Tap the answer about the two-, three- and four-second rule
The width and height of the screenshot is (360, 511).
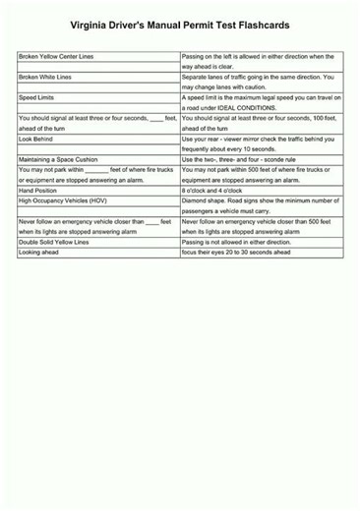pyautogui.click(x=240, y=159)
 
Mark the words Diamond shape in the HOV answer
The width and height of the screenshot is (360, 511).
pyautogui.click(x=204, y=200)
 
